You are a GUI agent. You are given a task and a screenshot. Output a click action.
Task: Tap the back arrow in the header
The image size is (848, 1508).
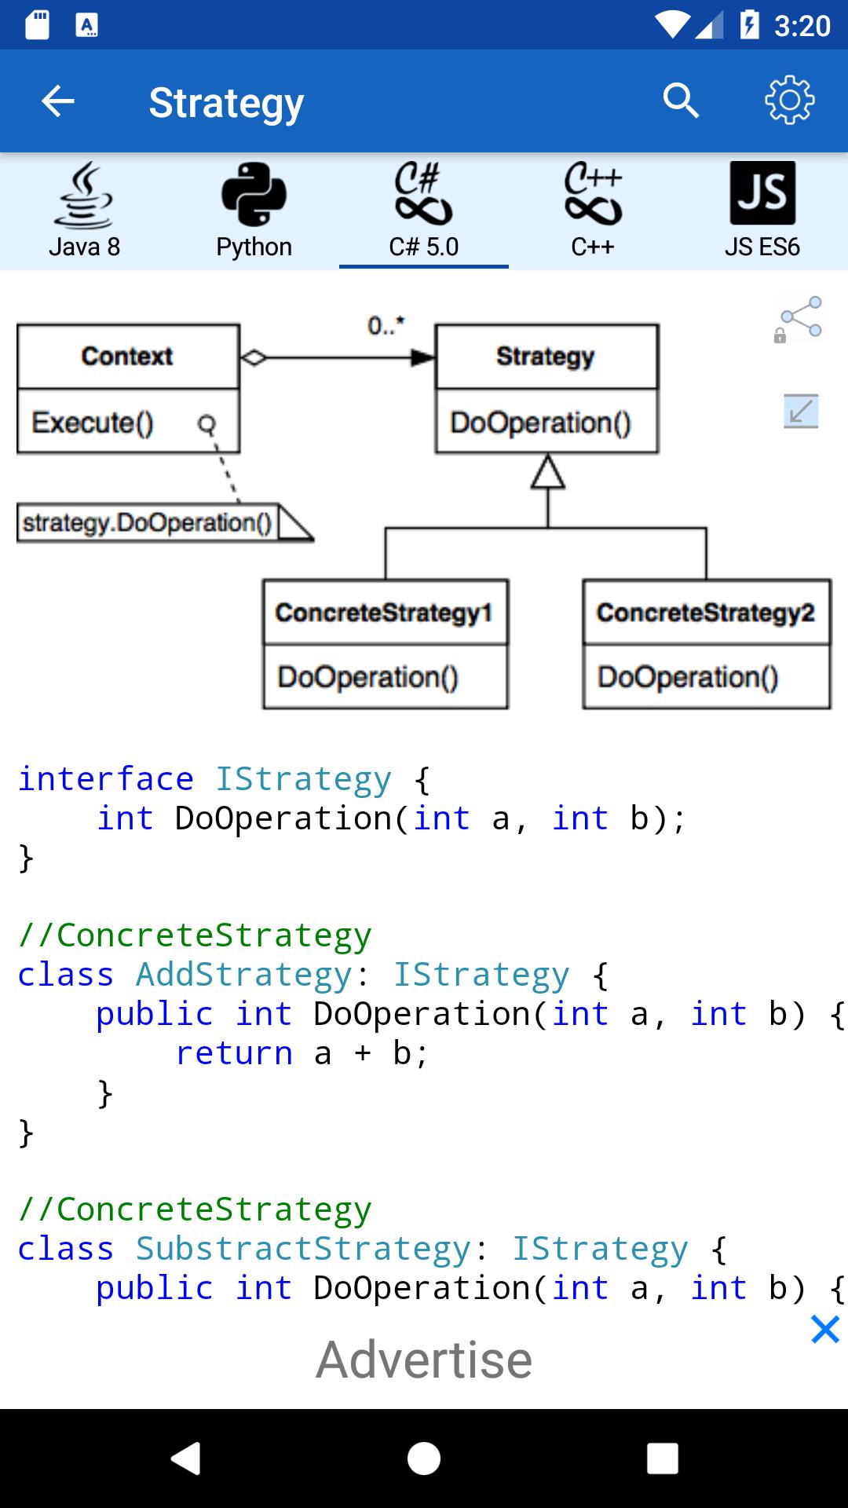click(x=58, y=101)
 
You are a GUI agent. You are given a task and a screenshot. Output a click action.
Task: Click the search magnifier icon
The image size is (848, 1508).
click(x=680, y=101)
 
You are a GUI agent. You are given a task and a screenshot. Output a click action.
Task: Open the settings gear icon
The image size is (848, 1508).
click(x=789, y=101)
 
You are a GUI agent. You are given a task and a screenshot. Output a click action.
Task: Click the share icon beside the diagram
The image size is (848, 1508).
click(x=799, y=319)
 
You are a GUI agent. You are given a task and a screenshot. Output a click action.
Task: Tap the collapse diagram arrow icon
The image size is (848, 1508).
click(x=801, y=411)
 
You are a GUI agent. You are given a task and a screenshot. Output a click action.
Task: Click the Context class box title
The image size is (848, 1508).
click(x=127, y=356)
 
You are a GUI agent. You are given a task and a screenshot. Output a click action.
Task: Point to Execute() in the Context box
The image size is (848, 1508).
click(x=93, y=423)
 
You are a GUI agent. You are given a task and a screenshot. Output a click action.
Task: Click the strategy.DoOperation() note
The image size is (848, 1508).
click(x=148, y=523)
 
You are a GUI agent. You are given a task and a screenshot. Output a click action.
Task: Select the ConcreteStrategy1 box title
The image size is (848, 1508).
click(x=384, y=613)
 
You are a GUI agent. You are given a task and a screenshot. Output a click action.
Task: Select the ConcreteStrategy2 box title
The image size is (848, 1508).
click(x=706, y=613)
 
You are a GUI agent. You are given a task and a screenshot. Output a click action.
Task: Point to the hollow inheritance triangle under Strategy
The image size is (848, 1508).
click(x=547, y=473)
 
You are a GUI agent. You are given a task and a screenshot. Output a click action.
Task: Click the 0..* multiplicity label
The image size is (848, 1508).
click(x=386, y=325)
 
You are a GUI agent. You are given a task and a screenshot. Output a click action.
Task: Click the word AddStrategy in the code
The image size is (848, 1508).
click(x=243, y=975)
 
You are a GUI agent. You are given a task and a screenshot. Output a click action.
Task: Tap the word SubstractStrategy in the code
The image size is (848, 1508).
click(x=303, y=1249)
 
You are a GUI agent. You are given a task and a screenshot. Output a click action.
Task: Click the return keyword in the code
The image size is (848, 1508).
click(x=234, y=1053)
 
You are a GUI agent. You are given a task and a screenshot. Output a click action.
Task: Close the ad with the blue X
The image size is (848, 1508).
click(x=825, y=1330)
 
